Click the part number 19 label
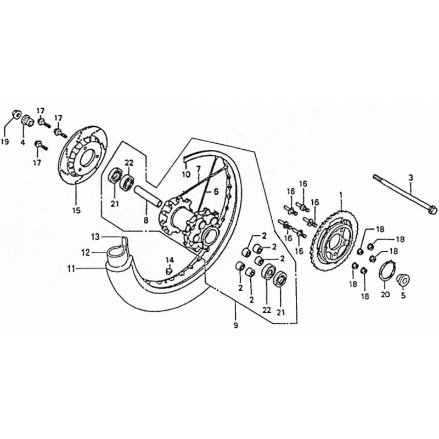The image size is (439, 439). coord(5,142)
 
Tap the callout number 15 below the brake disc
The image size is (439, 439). coord(76,210)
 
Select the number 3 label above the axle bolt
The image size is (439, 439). coord(410,177)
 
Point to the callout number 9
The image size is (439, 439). coord(236,325)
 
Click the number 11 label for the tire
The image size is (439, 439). coord(71,269)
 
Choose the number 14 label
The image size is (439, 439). coord(170,260)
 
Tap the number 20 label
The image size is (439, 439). coord(385,295)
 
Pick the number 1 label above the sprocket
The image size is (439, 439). coord(341,195)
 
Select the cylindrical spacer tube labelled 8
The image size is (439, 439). coord(148,196)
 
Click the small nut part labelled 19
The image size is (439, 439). coord(16,114)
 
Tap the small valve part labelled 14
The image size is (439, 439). coord(168,271)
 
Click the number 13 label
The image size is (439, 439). coord(95,237)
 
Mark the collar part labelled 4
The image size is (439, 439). coord(27,121)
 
